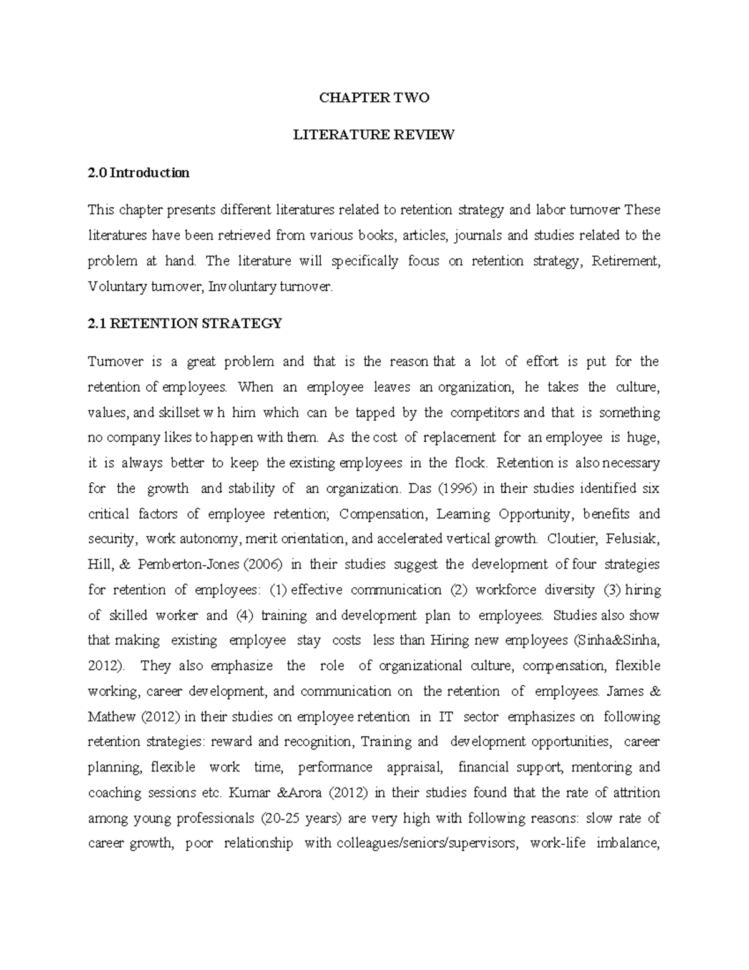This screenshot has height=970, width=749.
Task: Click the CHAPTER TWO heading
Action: point(374,97)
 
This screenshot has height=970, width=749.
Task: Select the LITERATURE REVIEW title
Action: point(374,135)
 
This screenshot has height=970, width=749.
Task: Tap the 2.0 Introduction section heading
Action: point(139,173)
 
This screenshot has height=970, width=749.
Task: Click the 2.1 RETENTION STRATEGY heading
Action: point(185,324)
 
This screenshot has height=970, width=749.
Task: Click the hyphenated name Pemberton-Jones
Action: point(188,565)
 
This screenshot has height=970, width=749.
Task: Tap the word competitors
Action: point(484,413)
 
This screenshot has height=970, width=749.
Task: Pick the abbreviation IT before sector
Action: point(446,717)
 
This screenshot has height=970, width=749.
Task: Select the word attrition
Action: point(637,793)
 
